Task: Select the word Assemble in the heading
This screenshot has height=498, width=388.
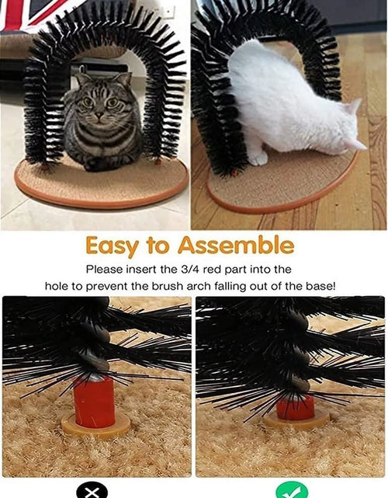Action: (x=236, y=246)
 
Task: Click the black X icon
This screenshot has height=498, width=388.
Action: (x=92, y=491)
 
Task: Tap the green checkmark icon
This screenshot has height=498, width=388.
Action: (x=289, y=491)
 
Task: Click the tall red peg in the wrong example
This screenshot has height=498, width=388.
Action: (x=95, y=402)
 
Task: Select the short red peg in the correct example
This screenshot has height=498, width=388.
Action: (x=296, y=406)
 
